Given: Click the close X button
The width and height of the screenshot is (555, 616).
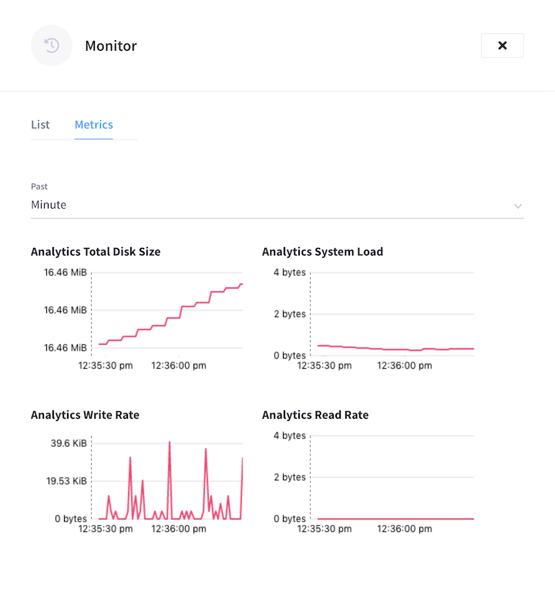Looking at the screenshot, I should pos(502,45).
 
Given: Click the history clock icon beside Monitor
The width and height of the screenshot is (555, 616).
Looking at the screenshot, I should pos(52,45).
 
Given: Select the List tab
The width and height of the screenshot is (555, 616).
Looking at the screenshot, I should pos(40,125).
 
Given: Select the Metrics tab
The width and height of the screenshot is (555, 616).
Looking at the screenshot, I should pos(93,125).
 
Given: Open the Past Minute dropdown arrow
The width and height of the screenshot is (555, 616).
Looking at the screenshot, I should pos(518,206).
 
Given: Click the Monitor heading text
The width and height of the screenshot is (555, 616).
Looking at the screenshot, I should pos(111,45).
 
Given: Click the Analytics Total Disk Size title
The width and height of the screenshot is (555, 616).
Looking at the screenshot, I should pos(96,252).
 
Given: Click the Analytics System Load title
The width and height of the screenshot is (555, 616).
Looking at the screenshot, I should pos(322,252).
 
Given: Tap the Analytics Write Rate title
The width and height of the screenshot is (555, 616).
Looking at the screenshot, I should pos(85,415).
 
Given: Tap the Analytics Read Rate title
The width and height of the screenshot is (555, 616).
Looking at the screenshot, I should pos(315,415).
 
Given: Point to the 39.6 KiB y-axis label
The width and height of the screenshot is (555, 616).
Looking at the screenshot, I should pos(69,444).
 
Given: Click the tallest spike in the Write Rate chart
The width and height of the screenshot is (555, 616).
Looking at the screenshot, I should pos(169,444).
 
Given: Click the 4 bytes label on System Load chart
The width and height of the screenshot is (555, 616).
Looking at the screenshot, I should pos(289,273).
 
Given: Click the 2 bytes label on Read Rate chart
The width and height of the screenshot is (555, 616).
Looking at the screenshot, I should pos(289,477).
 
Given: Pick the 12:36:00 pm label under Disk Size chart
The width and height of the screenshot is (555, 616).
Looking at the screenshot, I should pos(178,366).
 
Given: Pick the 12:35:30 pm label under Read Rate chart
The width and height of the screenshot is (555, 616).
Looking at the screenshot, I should pos(324,529).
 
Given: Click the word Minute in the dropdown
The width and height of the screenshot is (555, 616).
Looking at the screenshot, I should pos(49,205).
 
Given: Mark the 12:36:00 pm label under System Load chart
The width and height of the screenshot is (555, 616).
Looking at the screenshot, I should pos(404,366).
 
